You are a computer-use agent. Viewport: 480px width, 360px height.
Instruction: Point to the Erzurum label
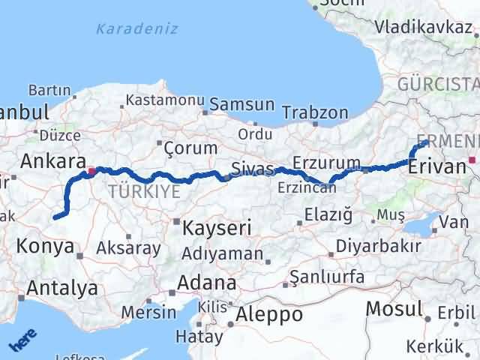click(326, 163)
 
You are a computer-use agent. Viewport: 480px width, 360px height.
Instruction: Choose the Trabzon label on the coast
click(315, 113)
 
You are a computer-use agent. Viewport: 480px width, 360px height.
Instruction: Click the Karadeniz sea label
click(137, 29)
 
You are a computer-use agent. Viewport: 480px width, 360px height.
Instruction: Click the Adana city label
click(207, 284)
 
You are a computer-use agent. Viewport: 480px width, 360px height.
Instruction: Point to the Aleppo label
click(268, 314)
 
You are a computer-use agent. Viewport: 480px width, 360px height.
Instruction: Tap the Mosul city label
click(394, 308)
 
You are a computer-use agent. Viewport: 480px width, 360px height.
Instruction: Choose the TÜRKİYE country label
click(143, 191)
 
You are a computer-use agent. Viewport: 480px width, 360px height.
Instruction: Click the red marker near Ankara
click(91, 172)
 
